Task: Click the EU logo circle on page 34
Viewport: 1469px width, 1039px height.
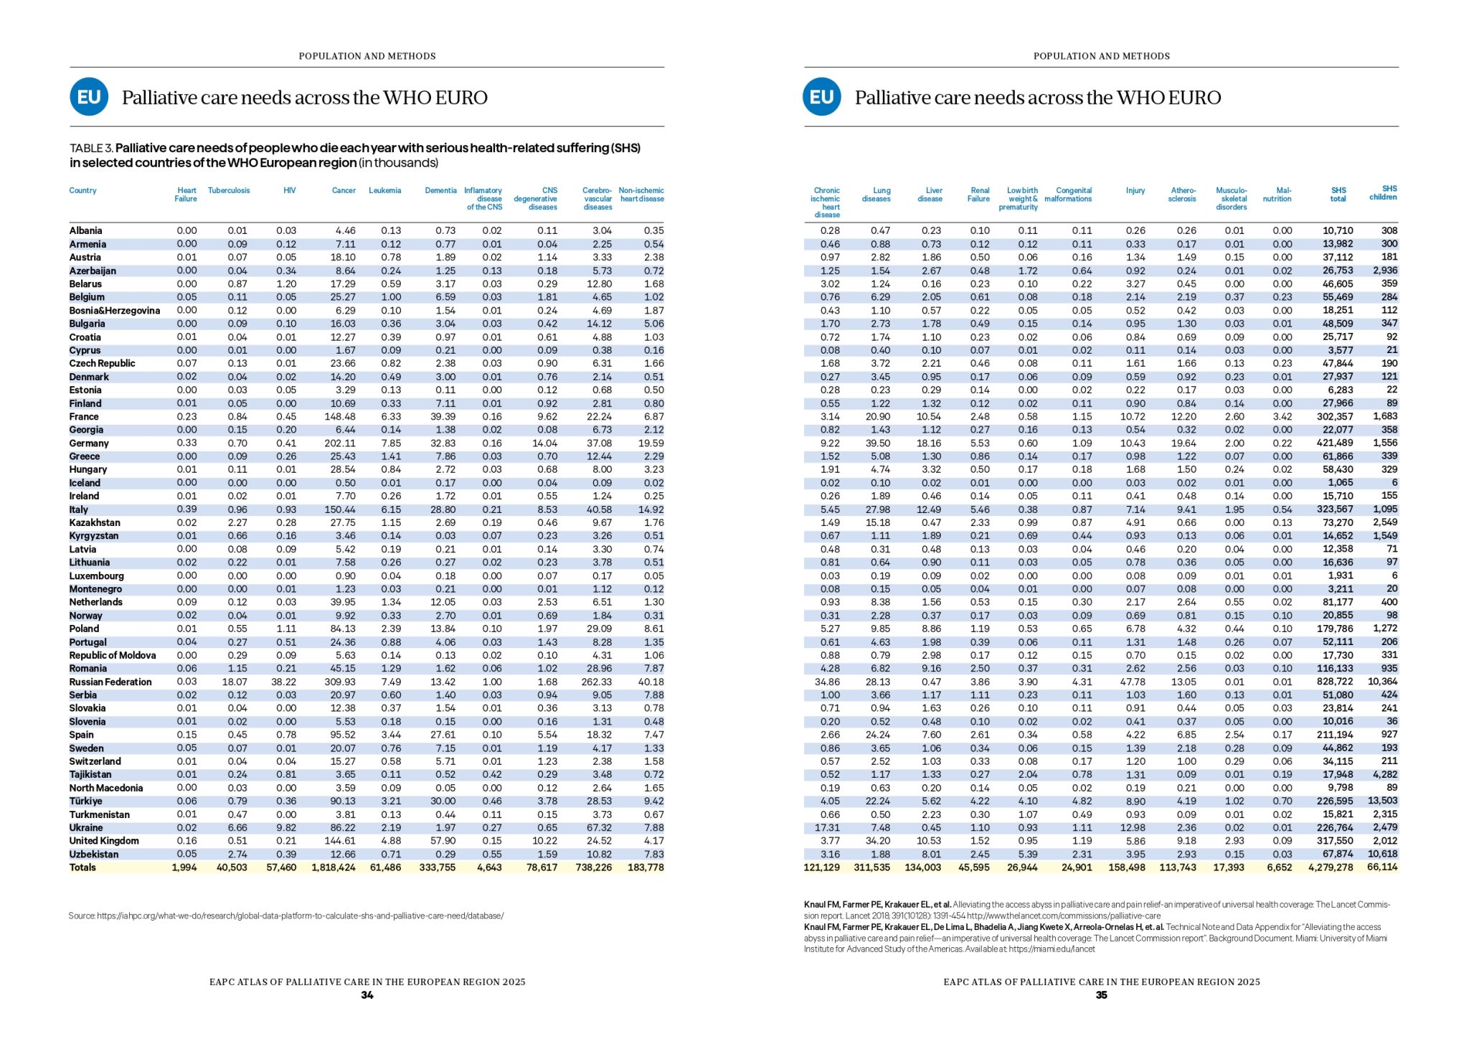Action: tap(89, 97)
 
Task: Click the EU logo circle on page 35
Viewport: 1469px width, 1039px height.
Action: tap(822, 97)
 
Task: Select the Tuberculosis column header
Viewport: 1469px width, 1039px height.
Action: tap(229, 191)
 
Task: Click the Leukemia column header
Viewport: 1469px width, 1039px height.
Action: tap(384, 191)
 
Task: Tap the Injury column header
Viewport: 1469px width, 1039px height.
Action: tap(1135, 191)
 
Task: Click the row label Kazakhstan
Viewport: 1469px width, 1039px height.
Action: tap(95, 522)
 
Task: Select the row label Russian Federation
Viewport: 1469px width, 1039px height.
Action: tap(110, 682)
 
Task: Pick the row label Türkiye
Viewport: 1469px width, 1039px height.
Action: tap(85, 801)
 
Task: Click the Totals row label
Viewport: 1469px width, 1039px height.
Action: tap(82, 868)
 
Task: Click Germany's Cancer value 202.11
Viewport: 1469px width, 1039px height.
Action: tap(340, 443)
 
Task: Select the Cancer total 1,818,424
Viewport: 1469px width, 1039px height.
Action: tap(334, 868)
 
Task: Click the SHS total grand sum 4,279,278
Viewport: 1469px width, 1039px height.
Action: tap(1331, 868)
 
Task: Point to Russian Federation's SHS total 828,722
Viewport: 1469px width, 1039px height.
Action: tap(1335, 682)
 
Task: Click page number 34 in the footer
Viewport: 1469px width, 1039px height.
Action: tap(367, 995)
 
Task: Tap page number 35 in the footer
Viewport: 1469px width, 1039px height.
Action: tap(1101, 995)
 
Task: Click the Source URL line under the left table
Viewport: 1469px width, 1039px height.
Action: tap(286, 916)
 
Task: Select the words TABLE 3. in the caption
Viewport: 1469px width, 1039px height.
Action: tap(91, 149)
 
